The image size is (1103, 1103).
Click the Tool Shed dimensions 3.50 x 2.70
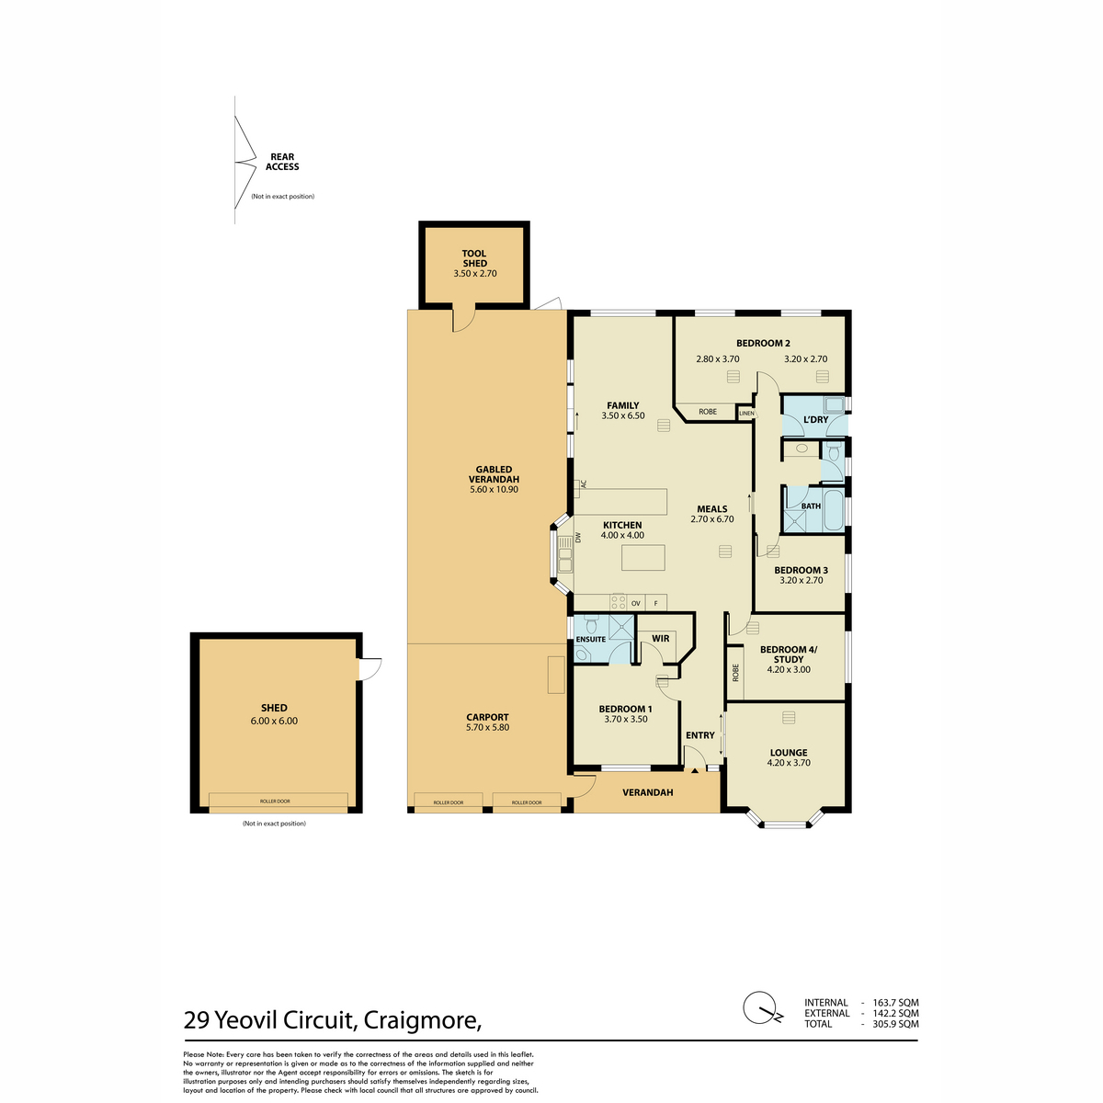[474, 274]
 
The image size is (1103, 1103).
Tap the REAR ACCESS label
[282, 162]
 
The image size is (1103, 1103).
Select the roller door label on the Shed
[275, 802]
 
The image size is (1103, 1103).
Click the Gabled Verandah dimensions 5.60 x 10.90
[494, 489]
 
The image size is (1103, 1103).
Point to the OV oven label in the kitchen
[636, 603]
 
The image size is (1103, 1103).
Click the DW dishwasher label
[578, 538]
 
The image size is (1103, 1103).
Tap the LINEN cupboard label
[746, 414]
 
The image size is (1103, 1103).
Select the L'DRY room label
[815, 419]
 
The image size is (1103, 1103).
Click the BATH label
[811, 506]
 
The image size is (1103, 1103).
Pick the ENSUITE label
[591, 640]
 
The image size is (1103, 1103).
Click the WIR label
[661, 638]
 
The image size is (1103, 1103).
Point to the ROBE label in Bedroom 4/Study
[735, 673]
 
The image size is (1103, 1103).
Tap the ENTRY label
[700, 735]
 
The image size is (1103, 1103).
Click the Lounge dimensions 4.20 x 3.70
[789, 762]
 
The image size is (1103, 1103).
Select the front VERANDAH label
[648, 792]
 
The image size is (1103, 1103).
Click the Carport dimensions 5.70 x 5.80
[488, 727]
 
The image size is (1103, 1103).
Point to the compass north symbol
[761, 1008]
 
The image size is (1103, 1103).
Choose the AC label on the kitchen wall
[584, 484]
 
